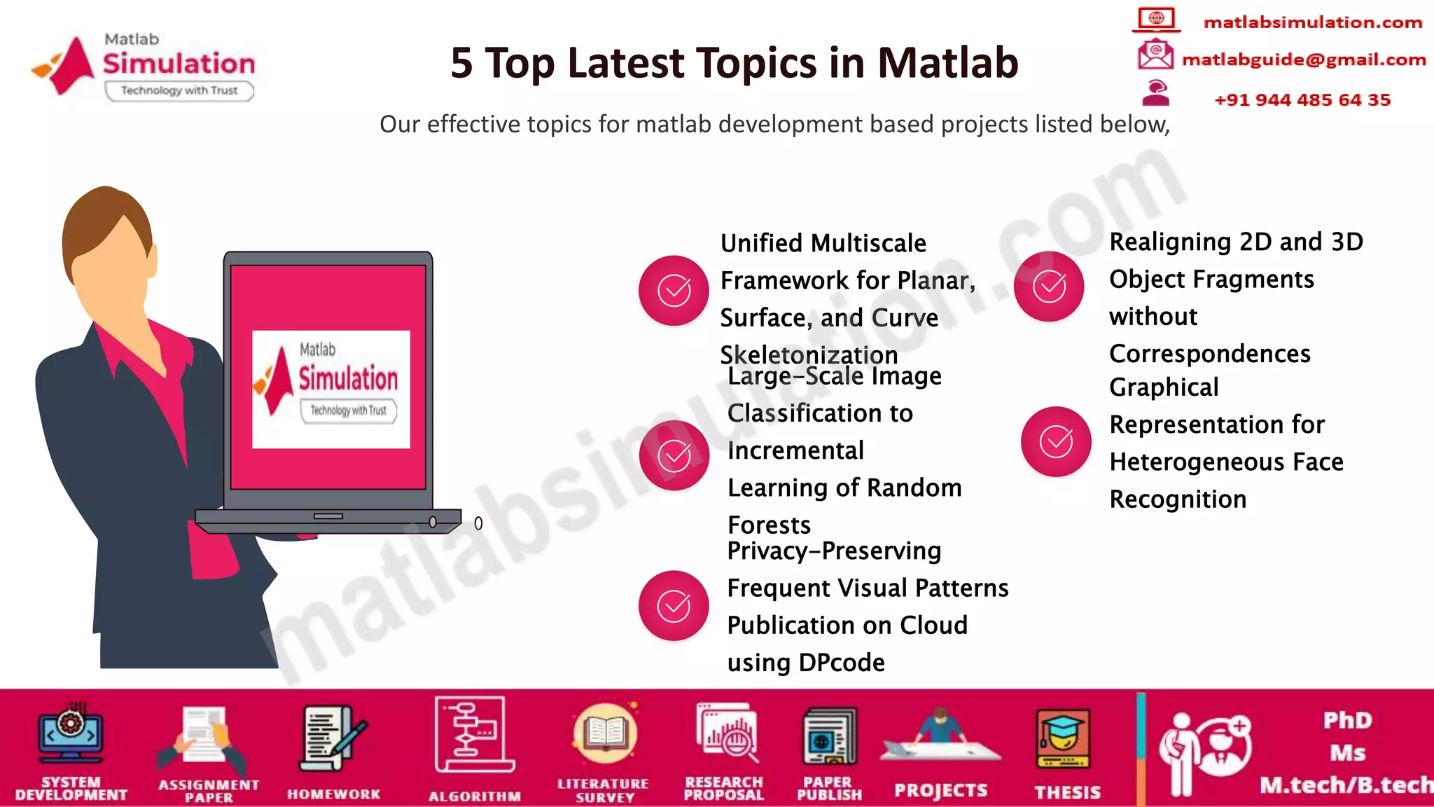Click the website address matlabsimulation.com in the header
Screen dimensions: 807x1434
tap(1312, 22)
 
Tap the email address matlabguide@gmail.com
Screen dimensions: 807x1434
tap(1303, 60)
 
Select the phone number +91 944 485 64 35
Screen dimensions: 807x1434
tap(1302, 100)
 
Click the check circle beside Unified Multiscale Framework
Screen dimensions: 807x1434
tap(674, 291)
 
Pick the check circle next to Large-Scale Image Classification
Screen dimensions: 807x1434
tap(674, 455)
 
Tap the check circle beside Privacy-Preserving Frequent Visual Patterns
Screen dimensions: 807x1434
tap(674, 606)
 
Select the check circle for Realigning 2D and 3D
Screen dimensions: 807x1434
tap(1049, 287)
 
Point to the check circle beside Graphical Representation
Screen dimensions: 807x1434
tap(1056, 441)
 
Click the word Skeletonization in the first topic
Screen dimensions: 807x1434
tap(809, 354)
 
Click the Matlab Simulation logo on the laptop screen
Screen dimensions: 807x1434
tap(330, 389)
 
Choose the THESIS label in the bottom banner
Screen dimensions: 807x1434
tap(1067, 792)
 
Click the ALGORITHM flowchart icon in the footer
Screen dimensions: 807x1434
tap(474, 735)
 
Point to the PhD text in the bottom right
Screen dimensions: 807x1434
tap(1347, 720)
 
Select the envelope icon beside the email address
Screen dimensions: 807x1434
tap(1155, 55)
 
